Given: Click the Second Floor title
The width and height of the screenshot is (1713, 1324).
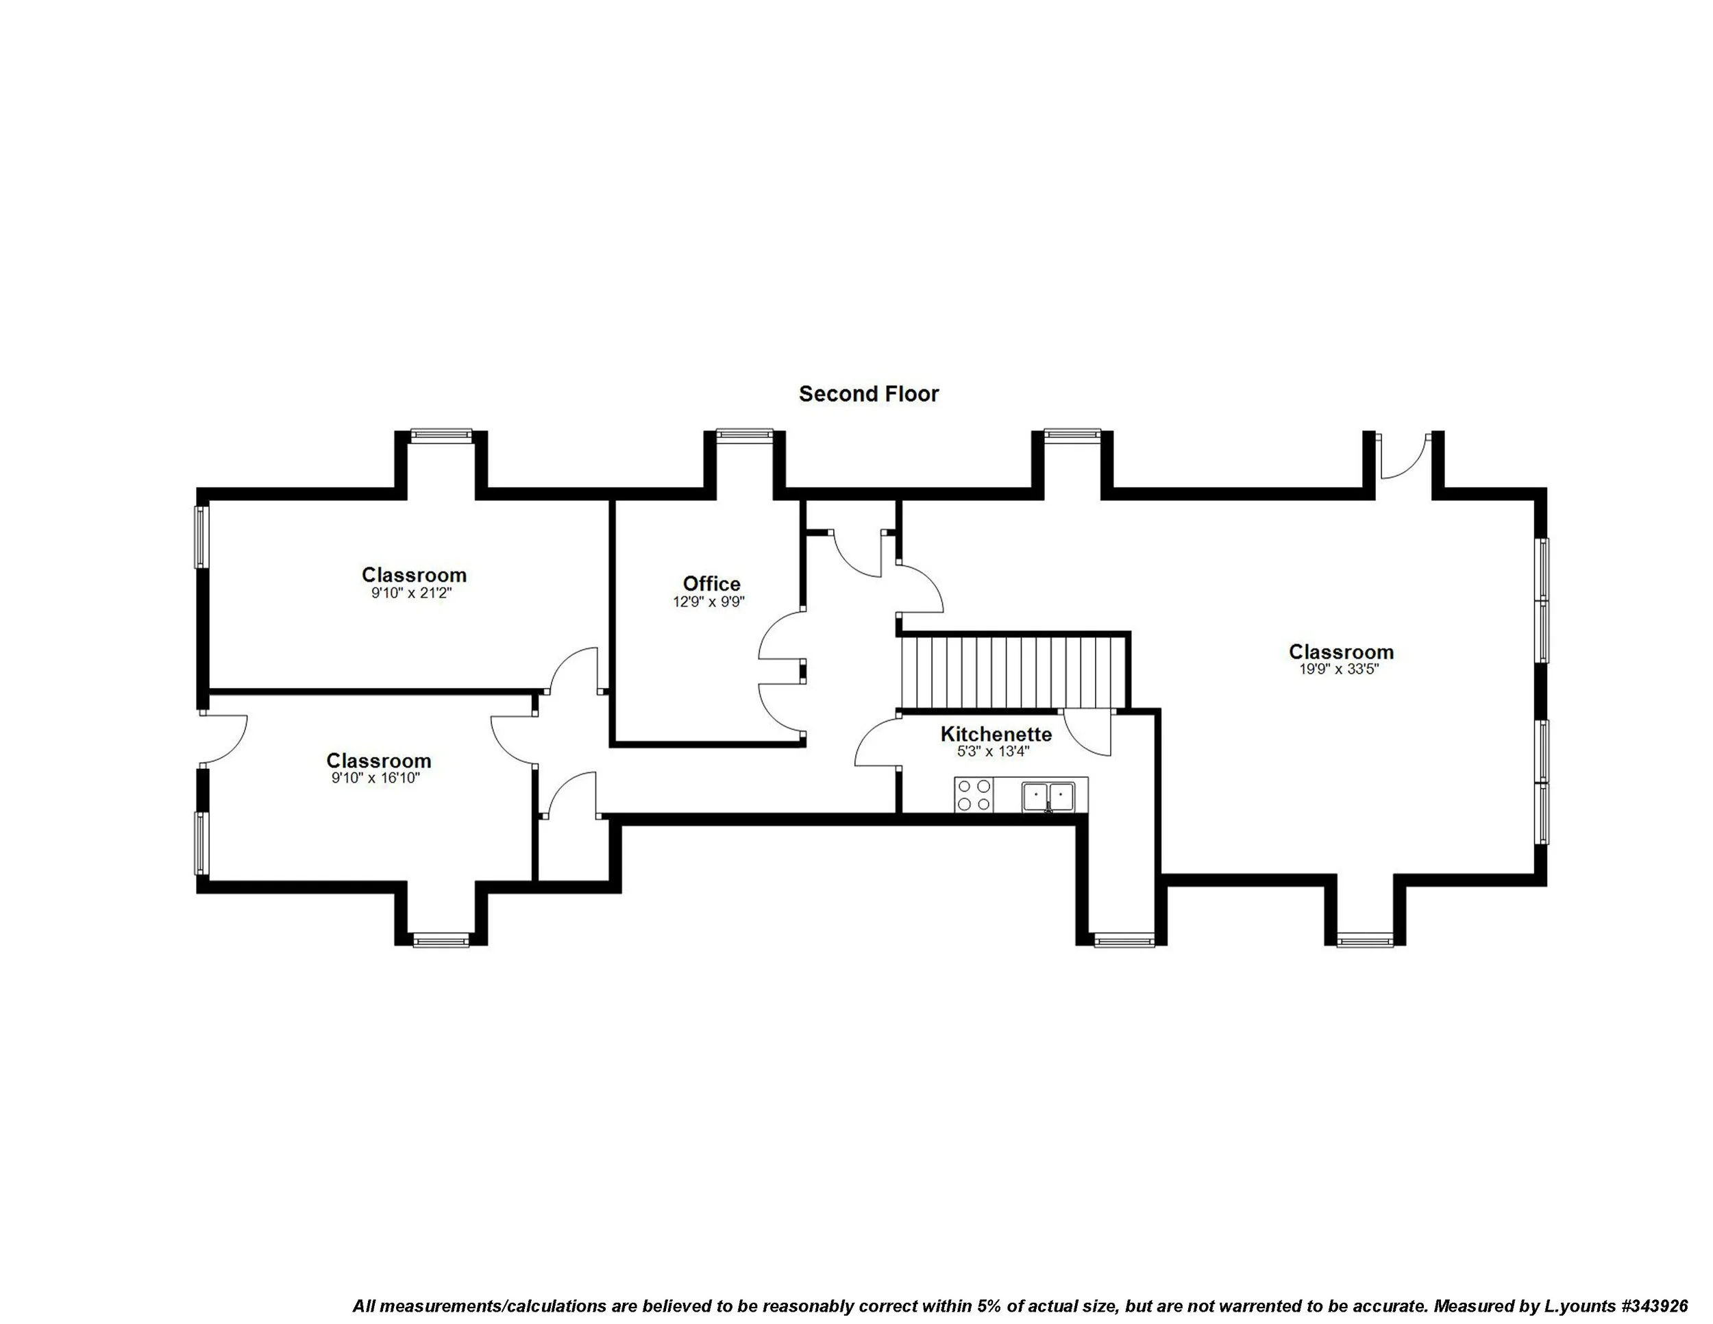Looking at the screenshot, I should (x=868, y=394).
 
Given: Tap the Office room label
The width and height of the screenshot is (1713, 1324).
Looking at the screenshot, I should (x=711, y=584).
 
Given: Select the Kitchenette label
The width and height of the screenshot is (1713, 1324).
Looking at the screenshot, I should (x=996, y=734).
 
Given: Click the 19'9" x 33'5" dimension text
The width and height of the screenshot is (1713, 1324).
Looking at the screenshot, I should (x=1340, y=669).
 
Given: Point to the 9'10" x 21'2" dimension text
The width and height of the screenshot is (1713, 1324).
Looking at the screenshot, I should (x=412, y=593).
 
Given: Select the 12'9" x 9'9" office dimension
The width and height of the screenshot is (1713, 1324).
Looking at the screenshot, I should (x=709, y=602).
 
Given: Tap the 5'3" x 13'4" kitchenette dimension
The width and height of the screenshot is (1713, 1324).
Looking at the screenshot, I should (x=992, y=751).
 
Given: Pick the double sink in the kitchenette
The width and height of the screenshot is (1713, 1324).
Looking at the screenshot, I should (x=1048, y=796).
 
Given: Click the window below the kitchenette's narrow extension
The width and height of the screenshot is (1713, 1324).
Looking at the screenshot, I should (x=1124, y=940).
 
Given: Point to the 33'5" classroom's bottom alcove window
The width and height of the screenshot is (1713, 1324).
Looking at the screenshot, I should (x=1366, y=940).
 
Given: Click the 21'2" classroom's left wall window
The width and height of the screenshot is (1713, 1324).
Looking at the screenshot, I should (x=202, y=537).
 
